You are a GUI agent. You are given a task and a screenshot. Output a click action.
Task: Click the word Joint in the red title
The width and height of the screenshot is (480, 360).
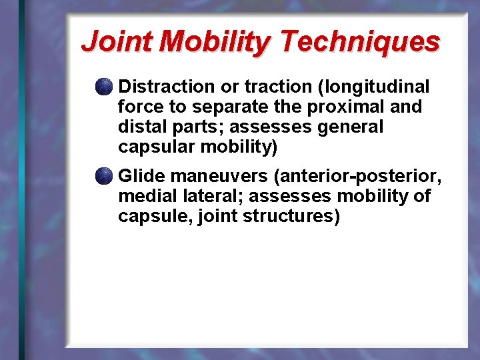click(x=118, y=41)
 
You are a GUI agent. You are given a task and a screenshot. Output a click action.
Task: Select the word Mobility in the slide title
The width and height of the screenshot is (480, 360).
click(x=216, y=41)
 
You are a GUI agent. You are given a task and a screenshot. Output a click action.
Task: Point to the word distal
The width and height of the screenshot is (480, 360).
click(x=138, y=127)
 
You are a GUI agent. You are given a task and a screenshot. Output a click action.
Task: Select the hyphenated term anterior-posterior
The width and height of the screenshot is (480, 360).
click(x=355, y=177)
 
